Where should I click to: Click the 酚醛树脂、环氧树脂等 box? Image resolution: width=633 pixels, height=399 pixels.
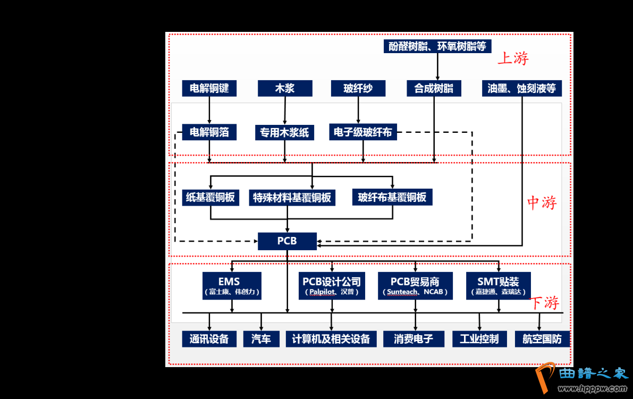437,46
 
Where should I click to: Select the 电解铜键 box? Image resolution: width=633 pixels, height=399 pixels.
209,88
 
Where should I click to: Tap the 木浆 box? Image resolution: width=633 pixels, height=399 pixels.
285,88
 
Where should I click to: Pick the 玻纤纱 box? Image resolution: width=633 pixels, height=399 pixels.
358,88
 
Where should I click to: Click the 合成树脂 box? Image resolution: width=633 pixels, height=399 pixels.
434,88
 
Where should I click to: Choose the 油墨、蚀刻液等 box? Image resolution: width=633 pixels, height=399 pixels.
522,88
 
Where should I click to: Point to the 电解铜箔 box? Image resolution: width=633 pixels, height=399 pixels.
209,132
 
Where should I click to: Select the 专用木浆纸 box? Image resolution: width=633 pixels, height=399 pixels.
285,132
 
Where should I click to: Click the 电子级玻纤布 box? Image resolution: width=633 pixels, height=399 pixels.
363,132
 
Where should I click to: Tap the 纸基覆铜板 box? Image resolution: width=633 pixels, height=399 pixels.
210,198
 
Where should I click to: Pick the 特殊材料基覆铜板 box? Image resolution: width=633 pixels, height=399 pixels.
292,198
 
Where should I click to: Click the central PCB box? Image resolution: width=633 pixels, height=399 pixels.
287,241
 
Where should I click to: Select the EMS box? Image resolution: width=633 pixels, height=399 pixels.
232,286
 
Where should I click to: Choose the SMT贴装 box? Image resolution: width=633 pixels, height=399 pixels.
498,286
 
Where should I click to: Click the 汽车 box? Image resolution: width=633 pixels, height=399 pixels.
261,339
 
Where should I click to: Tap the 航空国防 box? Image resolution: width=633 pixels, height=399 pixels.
542,339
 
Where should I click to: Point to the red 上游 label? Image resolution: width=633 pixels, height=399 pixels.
513,58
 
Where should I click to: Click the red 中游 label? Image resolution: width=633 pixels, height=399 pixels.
542,202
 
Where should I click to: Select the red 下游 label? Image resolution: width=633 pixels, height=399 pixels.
545,303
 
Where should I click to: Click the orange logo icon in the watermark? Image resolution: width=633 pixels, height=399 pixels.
545,377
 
